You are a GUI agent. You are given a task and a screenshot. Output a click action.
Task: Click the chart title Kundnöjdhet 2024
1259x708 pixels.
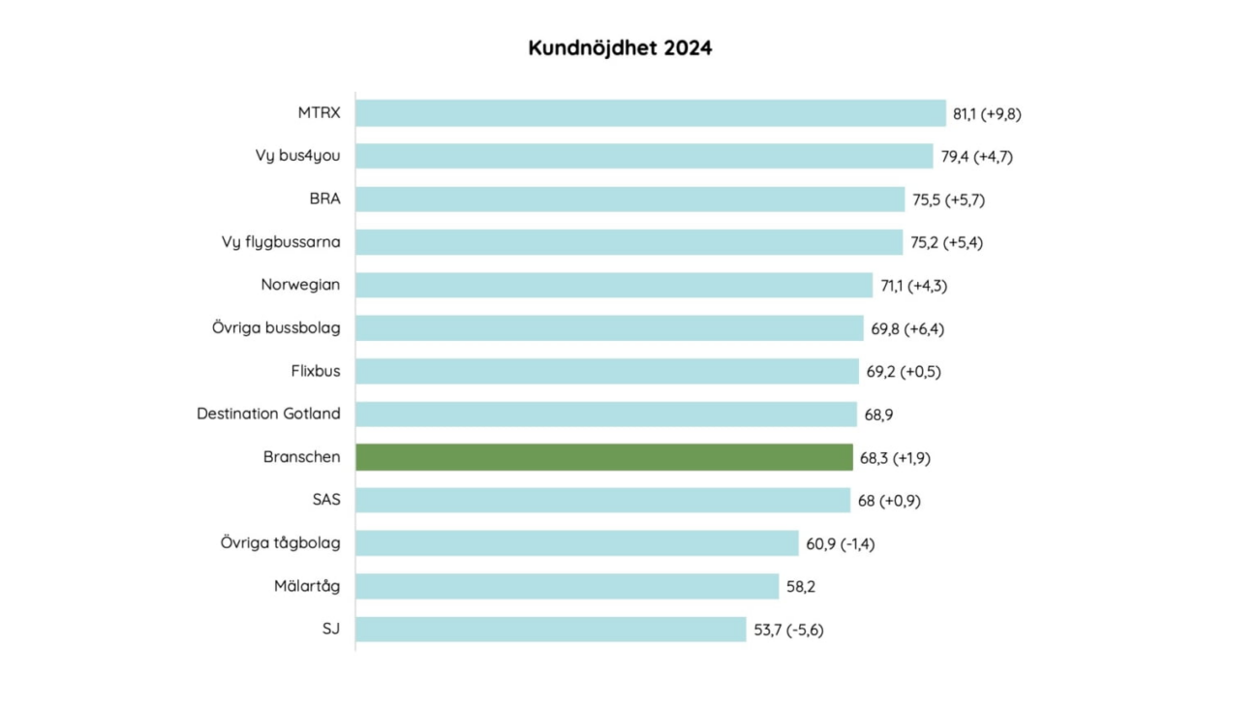tap(620, 48)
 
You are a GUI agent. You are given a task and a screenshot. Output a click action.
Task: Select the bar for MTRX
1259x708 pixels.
tap(650, 113)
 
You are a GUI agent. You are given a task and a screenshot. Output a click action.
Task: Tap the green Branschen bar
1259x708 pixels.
tap(603, 457)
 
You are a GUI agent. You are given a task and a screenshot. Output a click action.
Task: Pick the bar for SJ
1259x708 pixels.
tap(550, 630)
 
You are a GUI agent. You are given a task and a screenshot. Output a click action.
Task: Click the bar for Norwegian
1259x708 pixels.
tap(613, 285)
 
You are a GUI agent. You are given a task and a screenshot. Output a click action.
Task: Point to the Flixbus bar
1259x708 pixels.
tap(606, 371)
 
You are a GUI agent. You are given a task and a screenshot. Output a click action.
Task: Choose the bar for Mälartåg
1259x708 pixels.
tap(567, 586)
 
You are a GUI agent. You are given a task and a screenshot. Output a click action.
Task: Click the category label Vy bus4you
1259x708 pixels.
tap(297, 156)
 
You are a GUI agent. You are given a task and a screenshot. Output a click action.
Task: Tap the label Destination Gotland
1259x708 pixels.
tap(268, 414)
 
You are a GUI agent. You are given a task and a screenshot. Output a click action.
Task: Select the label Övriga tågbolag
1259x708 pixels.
tap(280, 543)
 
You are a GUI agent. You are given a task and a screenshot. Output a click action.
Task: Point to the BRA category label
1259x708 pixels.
tap(324, 199)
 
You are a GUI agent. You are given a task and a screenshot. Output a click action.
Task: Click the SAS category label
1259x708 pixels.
tap(325, 500)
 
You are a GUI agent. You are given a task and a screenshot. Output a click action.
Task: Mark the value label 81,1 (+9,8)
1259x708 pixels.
tap(987, 114)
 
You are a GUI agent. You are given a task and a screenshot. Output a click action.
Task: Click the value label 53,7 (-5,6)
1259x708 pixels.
tap(788, 631)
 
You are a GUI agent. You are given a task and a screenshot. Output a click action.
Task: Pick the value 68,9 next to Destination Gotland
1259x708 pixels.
tap(878, 415)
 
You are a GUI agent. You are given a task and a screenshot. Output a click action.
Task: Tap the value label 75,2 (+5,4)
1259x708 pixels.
tap(946, 243)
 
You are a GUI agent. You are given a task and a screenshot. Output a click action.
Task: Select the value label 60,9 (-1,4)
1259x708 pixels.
tap(840, 544)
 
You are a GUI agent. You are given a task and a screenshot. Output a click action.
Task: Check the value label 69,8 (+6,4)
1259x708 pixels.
tap(907, 329)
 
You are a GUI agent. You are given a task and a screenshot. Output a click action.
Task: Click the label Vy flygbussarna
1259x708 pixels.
tap(281, 242)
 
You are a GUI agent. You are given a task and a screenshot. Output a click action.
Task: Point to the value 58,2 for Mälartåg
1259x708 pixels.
tap(800, 587)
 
